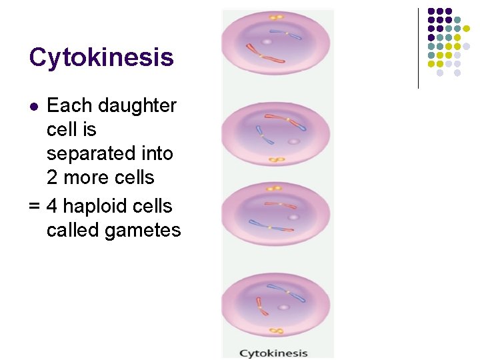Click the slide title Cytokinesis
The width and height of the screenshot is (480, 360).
coord(101,58)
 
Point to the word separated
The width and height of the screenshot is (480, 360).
coord(109,153)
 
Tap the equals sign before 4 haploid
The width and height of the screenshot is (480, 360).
coord(35,206)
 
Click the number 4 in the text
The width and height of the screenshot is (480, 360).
coord(53,206)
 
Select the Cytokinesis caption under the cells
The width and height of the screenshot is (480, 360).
coord(273,353)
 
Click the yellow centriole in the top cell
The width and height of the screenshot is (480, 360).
coord(276,17)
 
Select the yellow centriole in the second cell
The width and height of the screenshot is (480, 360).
coord(274,160)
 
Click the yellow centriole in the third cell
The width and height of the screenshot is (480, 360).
coord(275,187)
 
